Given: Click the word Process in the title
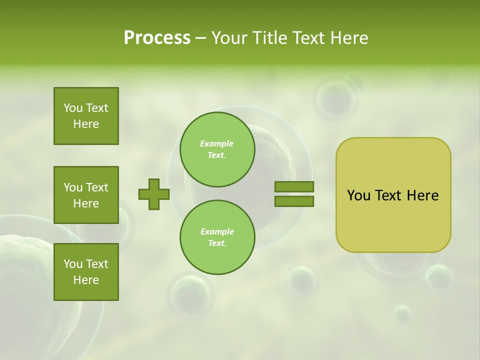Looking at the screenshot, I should tap(157, 38).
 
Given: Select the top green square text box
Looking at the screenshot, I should tap(86, 116).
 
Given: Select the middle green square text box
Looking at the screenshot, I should tap(86, 195).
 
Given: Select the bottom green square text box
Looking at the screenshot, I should tap(86, 272).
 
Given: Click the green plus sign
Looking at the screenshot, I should tap(154, 194).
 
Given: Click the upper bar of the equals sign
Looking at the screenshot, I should tap(294, 186).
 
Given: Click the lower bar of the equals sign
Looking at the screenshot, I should tap(294, 201).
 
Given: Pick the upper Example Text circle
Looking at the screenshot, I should tap(217, 149).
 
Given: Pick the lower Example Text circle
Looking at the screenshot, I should tap(217, 237).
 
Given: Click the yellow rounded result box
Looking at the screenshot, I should tap(393, 220).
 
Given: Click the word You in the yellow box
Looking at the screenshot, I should tap(358, 195).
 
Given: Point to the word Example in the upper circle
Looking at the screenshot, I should tap(217, 144).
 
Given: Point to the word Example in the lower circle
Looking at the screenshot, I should tap(217, 232).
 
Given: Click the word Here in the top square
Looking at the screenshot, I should tap(86, 124).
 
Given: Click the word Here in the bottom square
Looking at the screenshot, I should tap(86, 280).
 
